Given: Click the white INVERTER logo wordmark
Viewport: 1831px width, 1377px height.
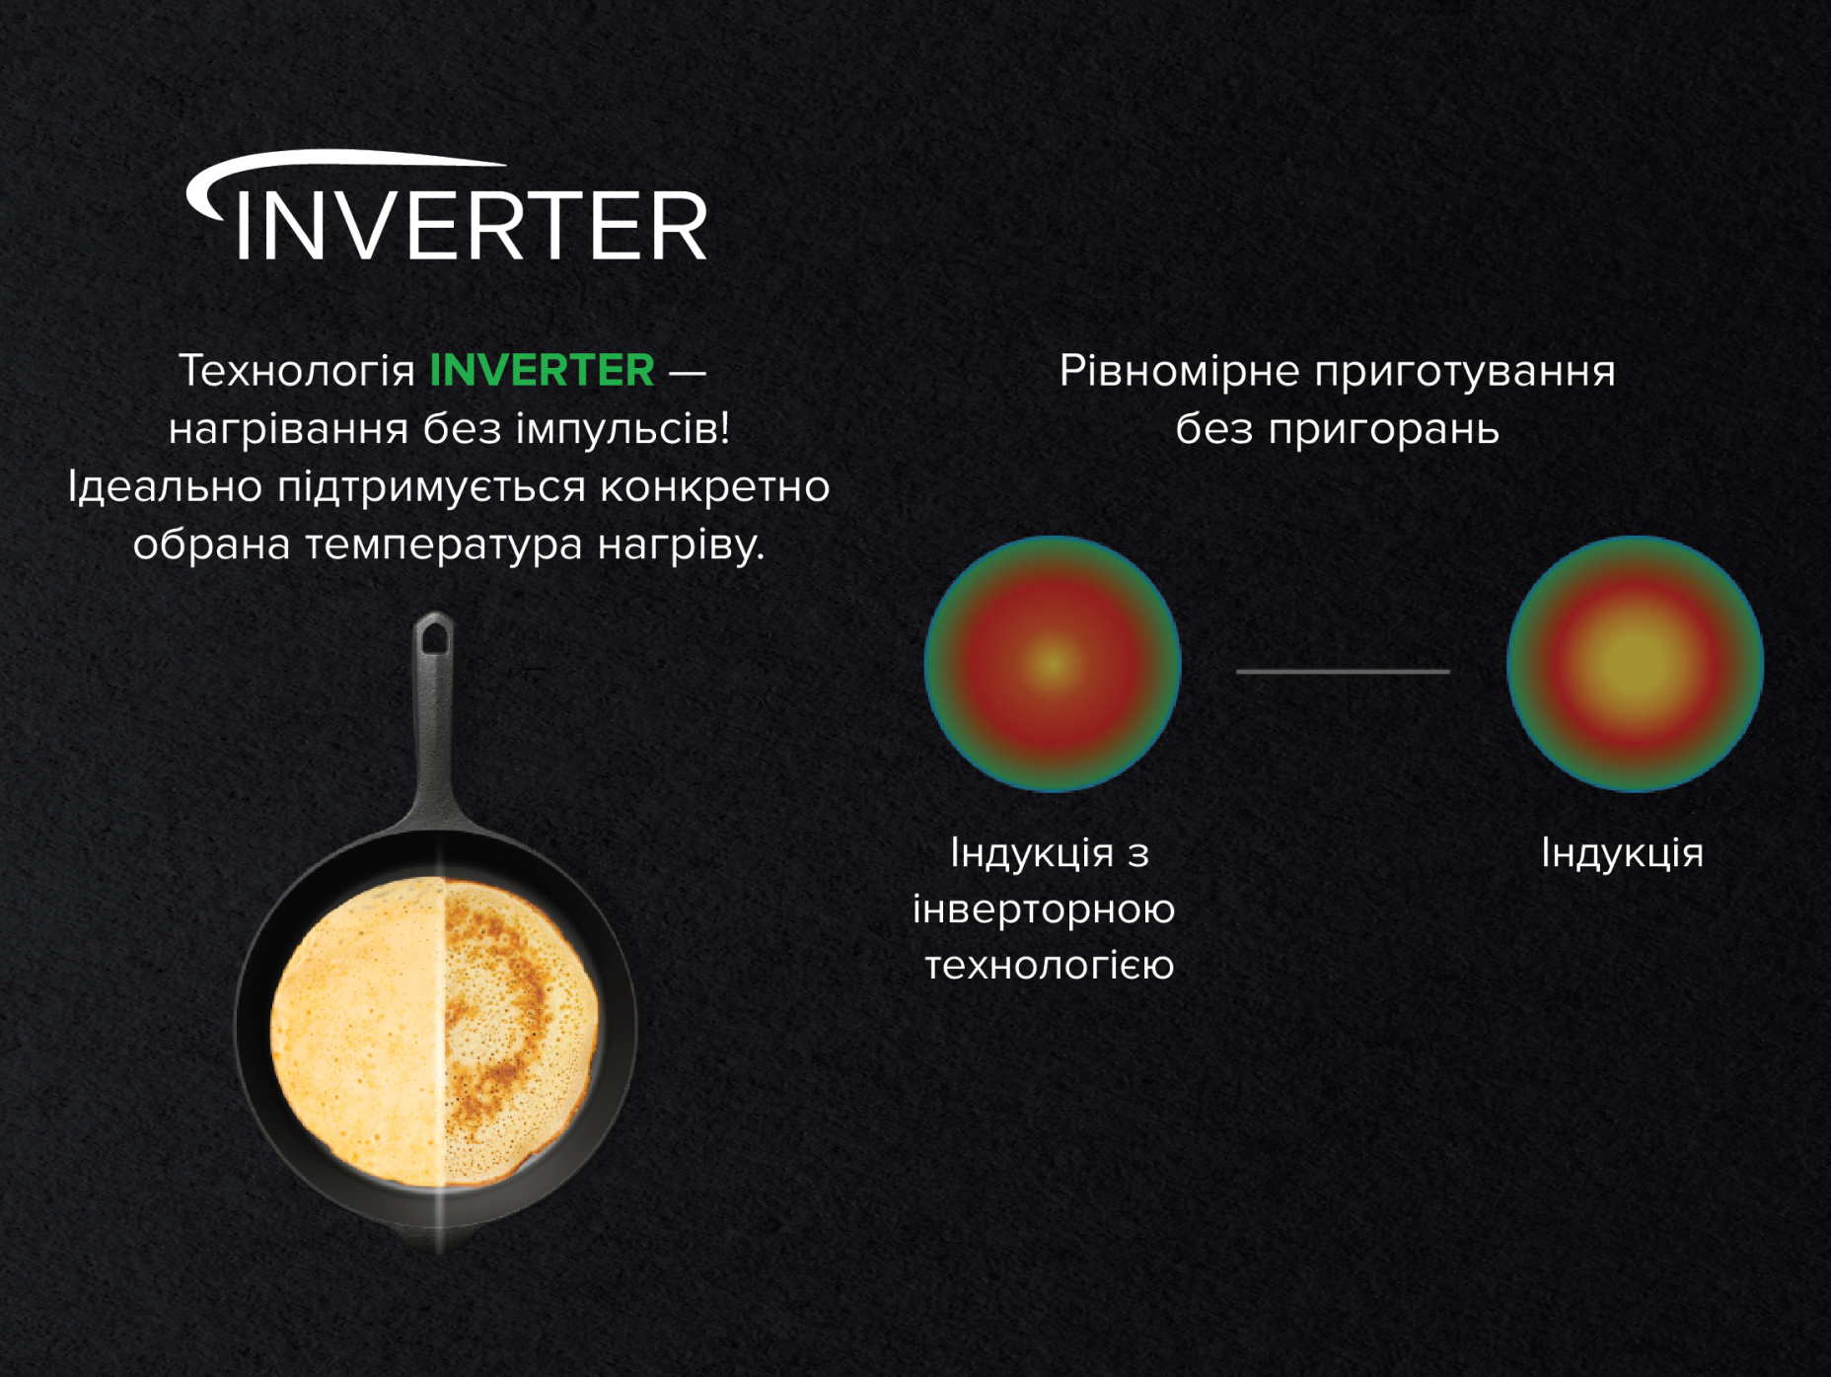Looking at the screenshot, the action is click(472, 225).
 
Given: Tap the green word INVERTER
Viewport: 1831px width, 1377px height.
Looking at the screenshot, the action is click(542, 371).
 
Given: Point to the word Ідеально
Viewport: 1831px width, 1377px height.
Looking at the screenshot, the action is click(165, 486).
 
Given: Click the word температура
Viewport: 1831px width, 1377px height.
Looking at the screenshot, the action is click(443, 545).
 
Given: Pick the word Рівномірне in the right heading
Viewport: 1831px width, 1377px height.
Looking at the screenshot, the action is click(1179, 373).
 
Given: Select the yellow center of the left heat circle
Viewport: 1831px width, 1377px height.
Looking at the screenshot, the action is click(1053, 662).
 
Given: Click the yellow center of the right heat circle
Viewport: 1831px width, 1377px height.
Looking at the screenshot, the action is click(1635, 662).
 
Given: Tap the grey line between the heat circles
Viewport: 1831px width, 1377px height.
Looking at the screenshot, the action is click(1343, 671).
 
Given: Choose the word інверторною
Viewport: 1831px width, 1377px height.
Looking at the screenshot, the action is click(1044, 909).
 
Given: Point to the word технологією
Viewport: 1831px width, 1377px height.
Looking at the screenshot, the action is click(1050, 966).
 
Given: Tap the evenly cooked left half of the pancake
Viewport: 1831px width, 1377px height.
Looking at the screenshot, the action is click(357, 1029).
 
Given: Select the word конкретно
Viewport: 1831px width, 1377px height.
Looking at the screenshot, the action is click(714, 487).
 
